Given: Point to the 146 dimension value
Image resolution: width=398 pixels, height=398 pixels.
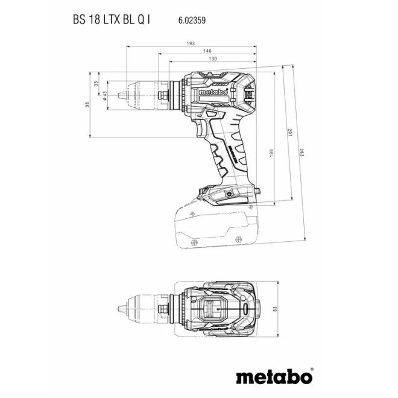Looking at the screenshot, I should (206, 52).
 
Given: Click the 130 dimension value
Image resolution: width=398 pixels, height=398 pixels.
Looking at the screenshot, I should (212, 60).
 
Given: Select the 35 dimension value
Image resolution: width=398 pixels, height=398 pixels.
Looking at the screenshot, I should (95, 84).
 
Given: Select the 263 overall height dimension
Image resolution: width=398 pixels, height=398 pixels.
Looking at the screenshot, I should (302, 152).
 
